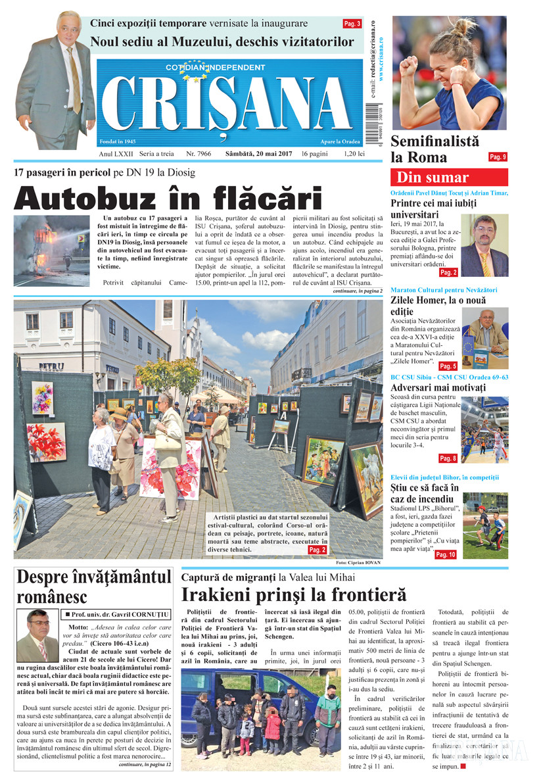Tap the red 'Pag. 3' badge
[352, 24]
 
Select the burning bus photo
[51, 251]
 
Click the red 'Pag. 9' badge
[498, 157]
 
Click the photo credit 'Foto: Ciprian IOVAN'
[358, 563]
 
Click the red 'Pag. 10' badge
[445, 554]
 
